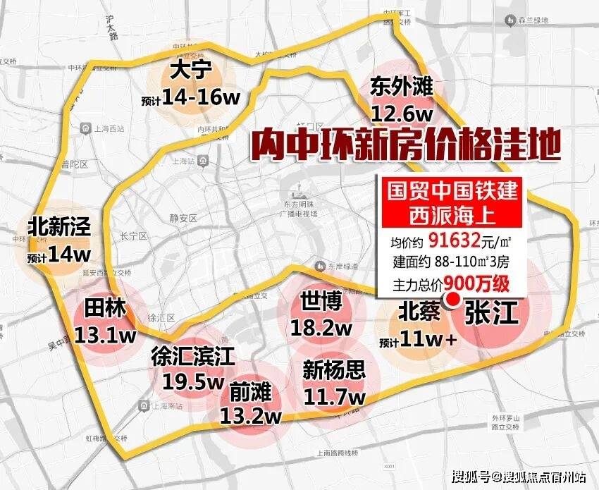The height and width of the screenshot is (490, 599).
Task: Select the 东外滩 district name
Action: pos(402,89)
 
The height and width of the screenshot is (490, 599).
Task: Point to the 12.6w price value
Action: pos(404,113)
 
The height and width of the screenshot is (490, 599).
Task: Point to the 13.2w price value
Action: pos(251,415)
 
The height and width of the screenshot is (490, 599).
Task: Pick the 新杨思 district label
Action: pos(334,370)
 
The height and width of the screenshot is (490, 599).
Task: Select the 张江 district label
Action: pos(491,312)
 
